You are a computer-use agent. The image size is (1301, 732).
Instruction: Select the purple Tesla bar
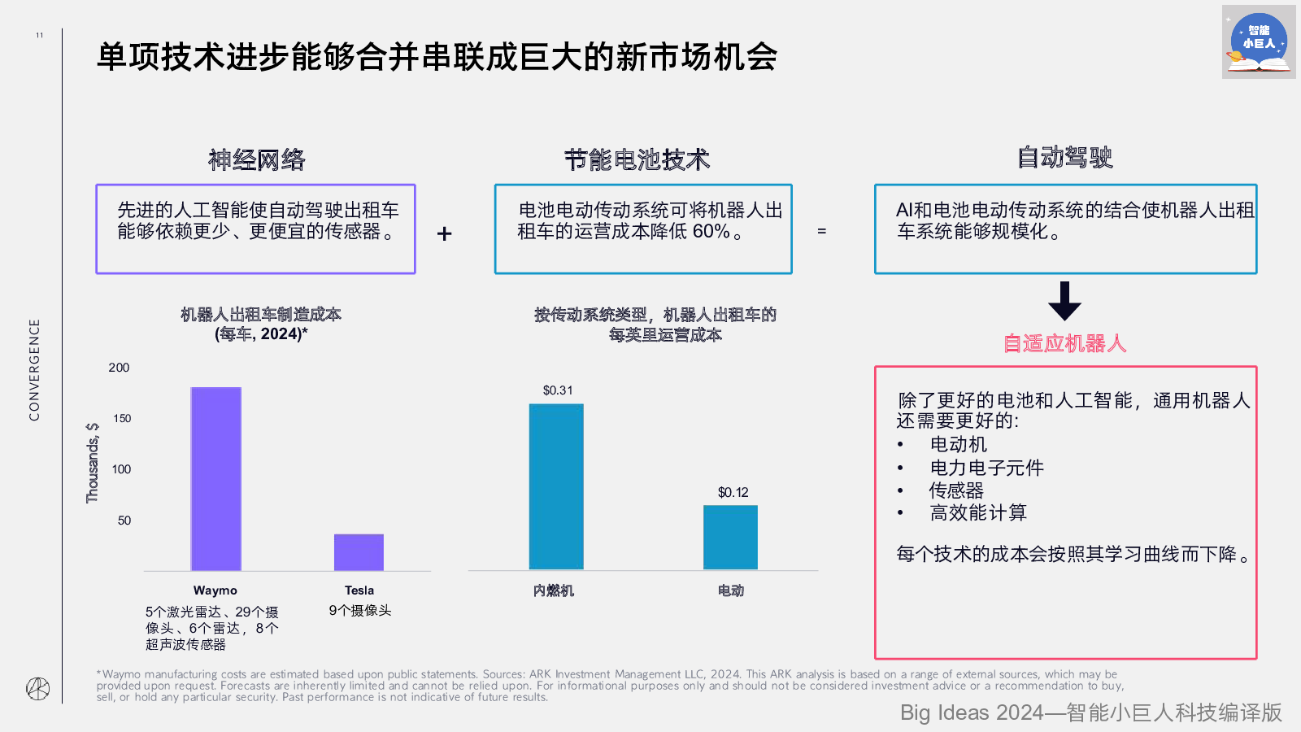pos(359,552)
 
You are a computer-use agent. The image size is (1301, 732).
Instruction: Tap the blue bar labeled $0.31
pos(556,486)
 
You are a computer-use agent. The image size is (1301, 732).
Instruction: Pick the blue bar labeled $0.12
pos(730,537)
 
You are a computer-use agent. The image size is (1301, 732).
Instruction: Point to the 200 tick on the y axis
pos(119,368)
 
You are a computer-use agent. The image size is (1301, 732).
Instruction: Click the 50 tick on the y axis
pos(124,521)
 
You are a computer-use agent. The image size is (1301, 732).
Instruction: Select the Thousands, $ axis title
pos(93,462)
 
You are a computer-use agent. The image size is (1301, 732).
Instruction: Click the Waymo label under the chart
pos(215,590)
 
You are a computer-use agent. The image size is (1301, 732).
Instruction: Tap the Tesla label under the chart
pos(359,590)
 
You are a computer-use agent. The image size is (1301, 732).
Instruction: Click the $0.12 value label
pos(733,492)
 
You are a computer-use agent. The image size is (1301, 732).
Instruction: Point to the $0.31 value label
pos(558,390)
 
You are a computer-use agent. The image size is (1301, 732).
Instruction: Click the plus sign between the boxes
pos(444,234)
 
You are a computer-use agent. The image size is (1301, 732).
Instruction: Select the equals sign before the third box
pos(821,232)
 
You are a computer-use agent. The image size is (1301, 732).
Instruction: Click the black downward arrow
pos(1064,301)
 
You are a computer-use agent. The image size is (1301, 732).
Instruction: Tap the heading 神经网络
pos(257,159)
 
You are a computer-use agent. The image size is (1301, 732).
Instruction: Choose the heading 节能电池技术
pos(637,159)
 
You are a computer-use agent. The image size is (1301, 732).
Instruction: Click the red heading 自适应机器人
pos(1064,343)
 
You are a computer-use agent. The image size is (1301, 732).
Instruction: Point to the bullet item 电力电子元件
pos(986,468)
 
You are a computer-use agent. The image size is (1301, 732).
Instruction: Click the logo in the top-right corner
pos(1258,42)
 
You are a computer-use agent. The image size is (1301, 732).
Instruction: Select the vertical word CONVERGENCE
pos(34,370)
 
